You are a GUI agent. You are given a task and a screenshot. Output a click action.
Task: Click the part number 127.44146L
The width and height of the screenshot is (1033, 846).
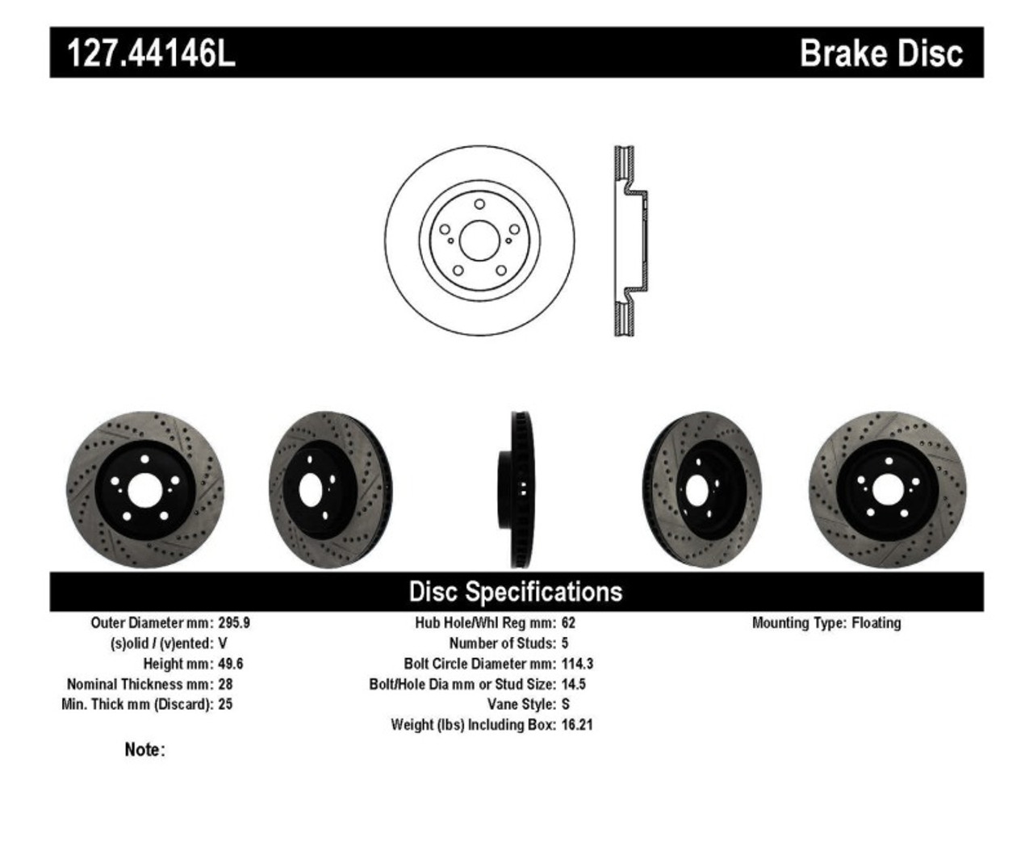(151, 53)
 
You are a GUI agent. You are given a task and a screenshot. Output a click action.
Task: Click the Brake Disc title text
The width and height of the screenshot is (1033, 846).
(880, 53)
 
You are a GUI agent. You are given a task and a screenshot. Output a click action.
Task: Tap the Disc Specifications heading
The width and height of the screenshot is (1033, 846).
(516, 592)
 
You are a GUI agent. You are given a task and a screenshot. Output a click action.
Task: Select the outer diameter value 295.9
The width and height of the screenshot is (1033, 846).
(234, 623)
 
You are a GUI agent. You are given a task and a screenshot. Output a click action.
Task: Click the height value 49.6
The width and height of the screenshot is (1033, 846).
(231, 664)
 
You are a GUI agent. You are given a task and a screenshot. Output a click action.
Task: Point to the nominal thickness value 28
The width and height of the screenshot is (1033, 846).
(225, 684)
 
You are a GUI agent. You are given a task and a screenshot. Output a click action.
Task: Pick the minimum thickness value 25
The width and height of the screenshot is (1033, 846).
(225, 704)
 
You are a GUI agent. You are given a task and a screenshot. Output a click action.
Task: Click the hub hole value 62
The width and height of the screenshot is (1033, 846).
(568, 623)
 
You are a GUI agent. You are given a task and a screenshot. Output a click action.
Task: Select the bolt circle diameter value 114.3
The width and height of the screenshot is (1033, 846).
(577, 664)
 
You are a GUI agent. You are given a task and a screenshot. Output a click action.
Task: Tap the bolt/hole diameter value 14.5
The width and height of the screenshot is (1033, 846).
(573, 684)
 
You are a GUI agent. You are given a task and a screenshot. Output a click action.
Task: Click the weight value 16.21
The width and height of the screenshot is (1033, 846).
(577, 725)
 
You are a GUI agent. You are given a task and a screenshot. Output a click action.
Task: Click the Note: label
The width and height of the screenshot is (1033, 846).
(144, 750)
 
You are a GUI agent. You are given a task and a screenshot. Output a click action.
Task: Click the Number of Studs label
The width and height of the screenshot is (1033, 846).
(502, 643)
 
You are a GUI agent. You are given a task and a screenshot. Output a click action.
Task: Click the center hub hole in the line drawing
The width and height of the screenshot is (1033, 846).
(479, 240)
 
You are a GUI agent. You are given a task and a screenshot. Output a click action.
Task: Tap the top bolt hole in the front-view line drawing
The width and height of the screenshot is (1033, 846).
(479, 204)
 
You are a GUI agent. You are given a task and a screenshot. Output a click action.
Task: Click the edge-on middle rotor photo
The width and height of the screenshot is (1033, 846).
(517, 489)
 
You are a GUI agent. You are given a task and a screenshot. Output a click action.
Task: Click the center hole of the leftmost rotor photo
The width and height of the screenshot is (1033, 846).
(144, 490)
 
